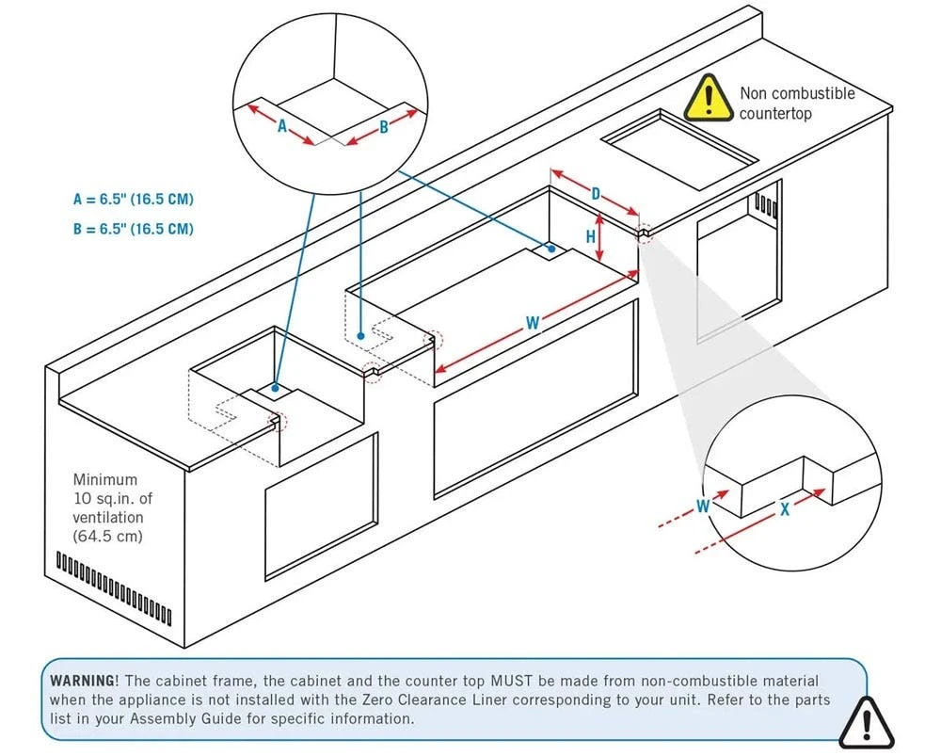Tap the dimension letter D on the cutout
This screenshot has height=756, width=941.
[x=596, y=193]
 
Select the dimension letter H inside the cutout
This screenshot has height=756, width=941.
[x=591, y=236]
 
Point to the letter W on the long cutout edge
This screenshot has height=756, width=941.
[x=533, y=323]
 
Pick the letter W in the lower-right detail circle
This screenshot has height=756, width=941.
[x=703, y=506]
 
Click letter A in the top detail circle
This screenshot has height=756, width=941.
[x=281, y=127]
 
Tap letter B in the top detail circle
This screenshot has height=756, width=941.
[x=383, y=128]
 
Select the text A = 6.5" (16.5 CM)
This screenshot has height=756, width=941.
[x=134, y=200]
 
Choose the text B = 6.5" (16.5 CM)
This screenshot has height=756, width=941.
[x=134, y=228]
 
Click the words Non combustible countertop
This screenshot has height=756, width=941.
[x=796, y=103]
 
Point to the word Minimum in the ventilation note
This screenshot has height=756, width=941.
[x=104, y=480]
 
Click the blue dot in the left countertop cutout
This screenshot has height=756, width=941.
[x=275, y=387]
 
